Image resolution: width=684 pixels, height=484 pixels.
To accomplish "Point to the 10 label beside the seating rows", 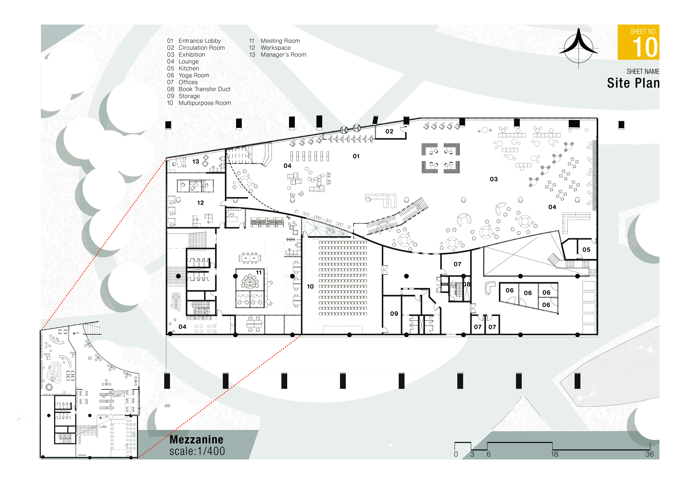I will (310, 286).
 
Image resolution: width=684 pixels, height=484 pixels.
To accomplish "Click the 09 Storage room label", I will (394, 313).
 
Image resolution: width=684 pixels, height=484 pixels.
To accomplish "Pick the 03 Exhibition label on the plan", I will (494, 179).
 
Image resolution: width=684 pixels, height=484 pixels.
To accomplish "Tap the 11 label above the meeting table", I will (259, 272).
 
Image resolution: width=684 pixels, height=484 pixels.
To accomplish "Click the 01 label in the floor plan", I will (356, 156).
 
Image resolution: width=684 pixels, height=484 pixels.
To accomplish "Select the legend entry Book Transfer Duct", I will (204, 89).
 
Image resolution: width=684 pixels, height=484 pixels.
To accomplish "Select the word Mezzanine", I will (196, 440).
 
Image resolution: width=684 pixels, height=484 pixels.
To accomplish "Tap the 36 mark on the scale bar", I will (649, 454).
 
